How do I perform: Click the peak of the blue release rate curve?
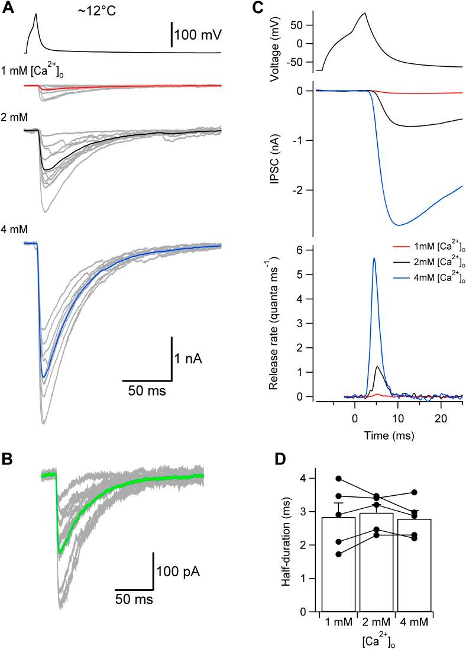point(374,258)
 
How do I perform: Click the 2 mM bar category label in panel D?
point(376,622)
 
